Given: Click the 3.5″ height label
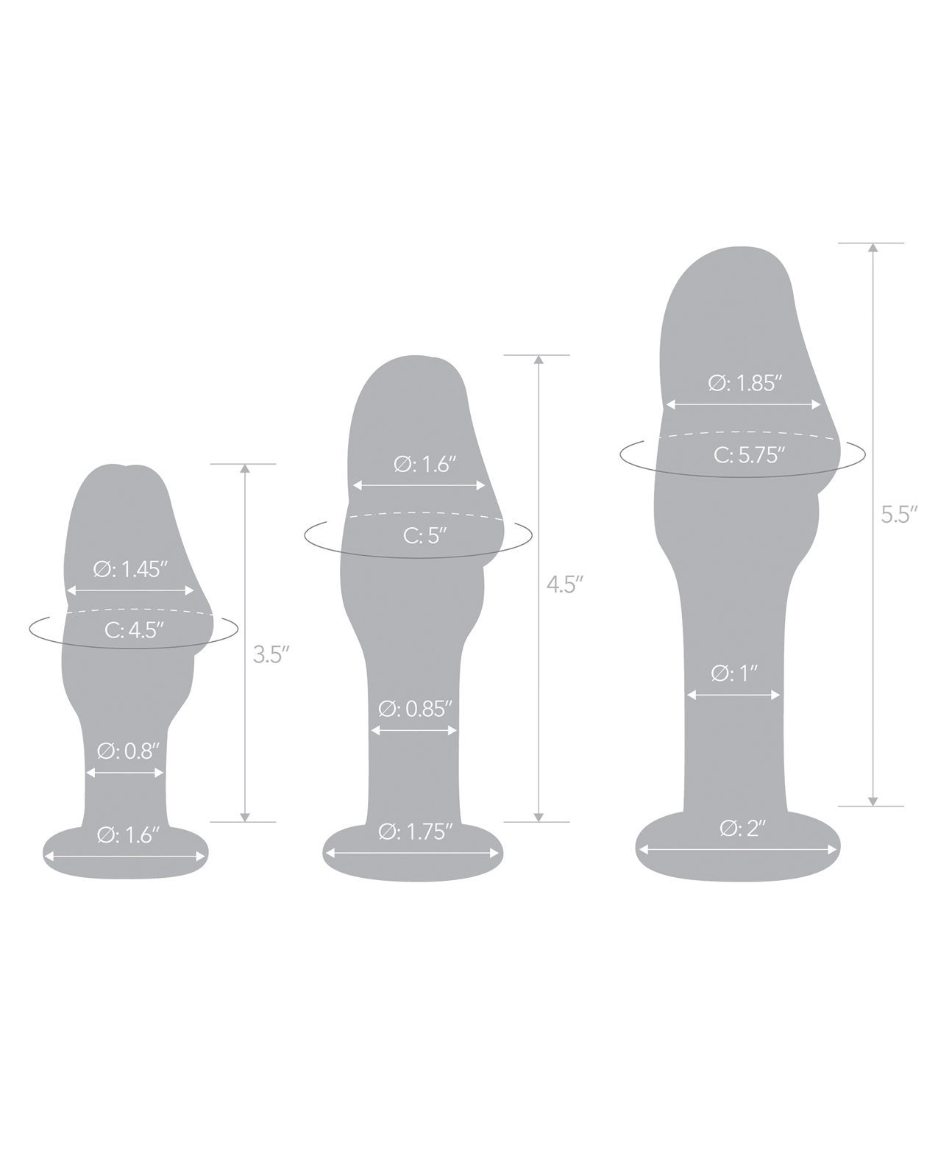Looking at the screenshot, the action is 271,654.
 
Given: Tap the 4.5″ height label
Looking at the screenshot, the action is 565,585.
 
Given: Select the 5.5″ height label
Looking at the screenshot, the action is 899,514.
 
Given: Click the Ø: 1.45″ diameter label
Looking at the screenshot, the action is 129,569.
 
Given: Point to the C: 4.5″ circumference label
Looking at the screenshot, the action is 134,630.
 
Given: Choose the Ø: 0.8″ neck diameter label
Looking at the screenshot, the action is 128,751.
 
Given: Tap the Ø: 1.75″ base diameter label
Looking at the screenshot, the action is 415,832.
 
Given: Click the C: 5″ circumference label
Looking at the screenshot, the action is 424,535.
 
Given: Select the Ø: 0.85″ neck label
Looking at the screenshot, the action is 415,709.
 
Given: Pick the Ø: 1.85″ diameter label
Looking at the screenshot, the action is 745,383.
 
